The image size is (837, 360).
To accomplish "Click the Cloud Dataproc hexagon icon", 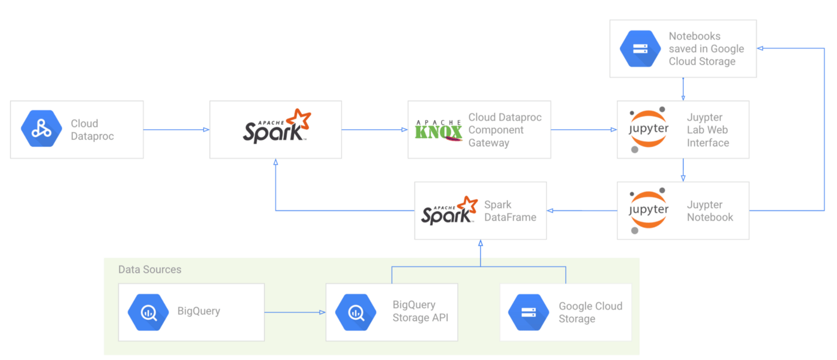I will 42,129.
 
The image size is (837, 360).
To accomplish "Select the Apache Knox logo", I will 439,130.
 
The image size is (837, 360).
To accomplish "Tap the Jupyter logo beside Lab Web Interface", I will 649,130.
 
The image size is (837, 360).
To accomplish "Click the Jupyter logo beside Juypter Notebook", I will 649,210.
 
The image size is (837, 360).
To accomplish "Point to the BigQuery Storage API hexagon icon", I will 356,312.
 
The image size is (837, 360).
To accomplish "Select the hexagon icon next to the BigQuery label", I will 148,312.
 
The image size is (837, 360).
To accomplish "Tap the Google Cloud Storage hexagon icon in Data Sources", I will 529,312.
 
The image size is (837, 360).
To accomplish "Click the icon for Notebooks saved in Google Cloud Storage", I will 640,48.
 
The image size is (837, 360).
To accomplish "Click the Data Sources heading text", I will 149,270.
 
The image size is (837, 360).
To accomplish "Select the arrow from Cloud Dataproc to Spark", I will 176,129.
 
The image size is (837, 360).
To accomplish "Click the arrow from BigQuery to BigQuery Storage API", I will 295,312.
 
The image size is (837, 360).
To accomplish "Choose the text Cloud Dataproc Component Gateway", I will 505,130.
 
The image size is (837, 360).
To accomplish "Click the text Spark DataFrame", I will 510,210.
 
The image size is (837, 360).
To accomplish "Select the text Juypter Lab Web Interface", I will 708,130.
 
